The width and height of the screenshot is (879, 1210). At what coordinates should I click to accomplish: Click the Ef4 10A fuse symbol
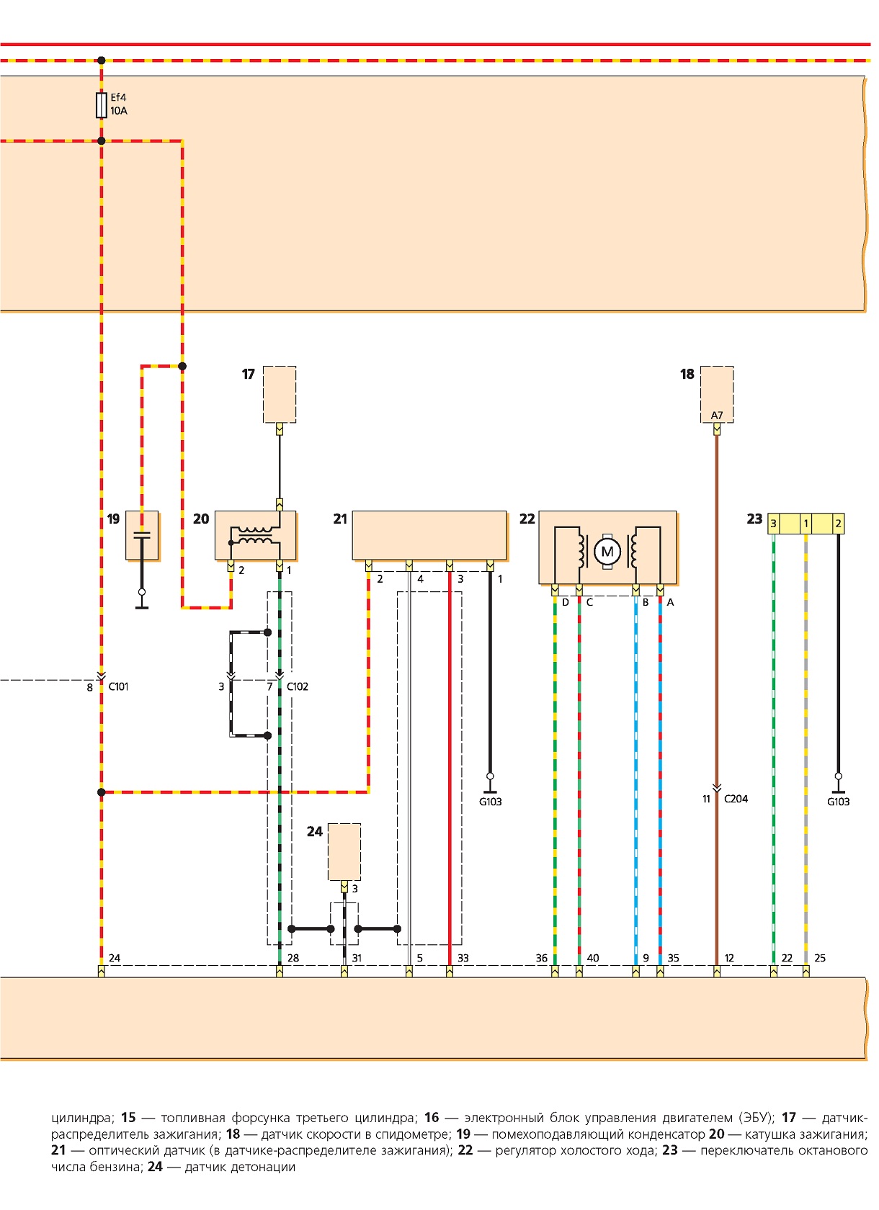pyautogui.click(x=101, y=105)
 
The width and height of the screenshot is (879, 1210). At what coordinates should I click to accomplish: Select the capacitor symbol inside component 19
pyautogui.click(x=141, y=535)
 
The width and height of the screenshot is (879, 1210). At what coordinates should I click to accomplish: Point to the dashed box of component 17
pyautogui.click(x=280, y=395)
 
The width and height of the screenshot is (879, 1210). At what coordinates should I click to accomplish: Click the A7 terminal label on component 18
pyautogui.click(x=716, y=416)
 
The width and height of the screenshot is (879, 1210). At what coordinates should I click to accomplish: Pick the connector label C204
pyautogui.click(x=736, y=798)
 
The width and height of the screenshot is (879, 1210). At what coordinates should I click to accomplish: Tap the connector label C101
pyautogui.click(x=118, y=686)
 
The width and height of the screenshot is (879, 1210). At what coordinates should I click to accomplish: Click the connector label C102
pyautogui.click(x=297, y=686)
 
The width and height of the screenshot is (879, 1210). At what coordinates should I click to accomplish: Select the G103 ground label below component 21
pyautogui.click(x=490, y=802)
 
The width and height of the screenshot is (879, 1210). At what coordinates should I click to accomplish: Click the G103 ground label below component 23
pyautogui.click(x=838, y=802)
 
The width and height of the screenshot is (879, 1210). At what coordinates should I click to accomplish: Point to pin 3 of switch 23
pyautogui.click(x=773, y=524)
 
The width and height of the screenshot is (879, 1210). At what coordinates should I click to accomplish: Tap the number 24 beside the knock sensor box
pyautogui.click(x=314, y=831)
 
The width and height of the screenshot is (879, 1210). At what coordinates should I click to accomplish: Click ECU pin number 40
pyautogui.click(x=593, y=958)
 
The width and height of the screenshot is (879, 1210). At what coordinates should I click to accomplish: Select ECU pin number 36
pyautogui.click(x=541, y=958)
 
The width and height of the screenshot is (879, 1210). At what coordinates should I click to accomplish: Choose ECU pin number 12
pyautogui.click(x=729, y=958)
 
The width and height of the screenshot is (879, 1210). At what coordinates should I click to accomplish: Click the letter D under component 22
pyautogui.click(x=565, y=602)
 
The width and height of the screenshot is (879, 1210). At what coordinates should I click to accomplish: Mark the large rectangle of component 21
pyautogui.click(x=429, y=535)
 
